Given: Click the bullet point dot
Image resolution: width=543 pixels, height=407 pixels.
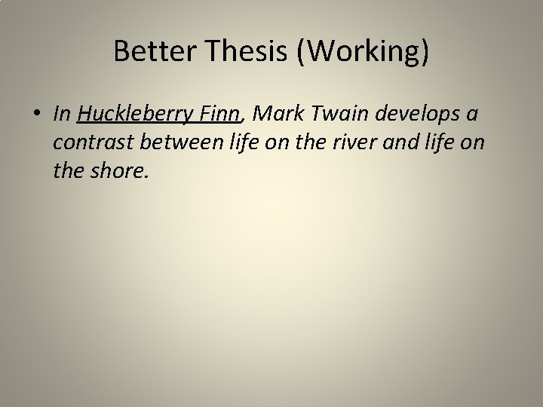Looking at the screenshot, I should point(38,115).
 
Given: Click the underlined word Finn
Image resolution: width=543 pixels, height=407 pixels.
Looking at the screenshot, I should point(219,114).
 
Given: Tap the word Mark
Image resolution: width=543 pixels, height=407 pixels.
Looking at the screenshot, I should point(275,114).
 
